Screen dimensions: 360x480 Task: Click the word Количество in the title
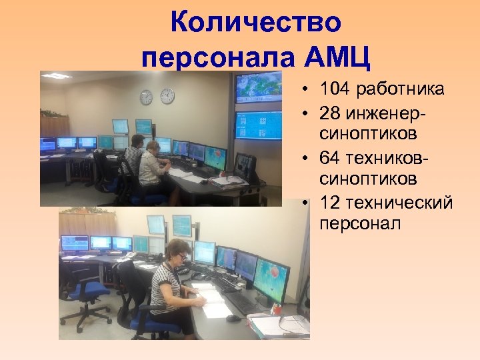[x=256, y=23]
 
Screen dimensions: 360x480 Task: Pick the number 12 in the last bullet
[x=331, y=203]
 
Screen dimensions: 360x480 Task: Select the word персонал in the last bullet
[x=360, y=224]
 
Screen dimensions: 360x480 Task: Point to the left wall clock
[x=146, y=97]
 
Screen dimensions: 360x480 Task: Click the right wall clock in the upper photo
[x=167, y=96]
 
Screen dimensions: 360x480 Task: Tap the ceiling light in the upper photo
[x=57, y=76]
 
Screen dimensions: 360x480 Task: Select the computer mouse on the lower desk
[x=233, y=319]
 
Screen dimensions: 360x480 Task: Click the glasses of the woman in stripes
[x=181, y=256]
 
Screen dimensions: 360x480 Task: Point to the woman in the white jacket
[x=153, y=164]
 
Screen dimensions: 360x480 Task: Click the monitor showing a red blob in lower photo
[x=271, y=273]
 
